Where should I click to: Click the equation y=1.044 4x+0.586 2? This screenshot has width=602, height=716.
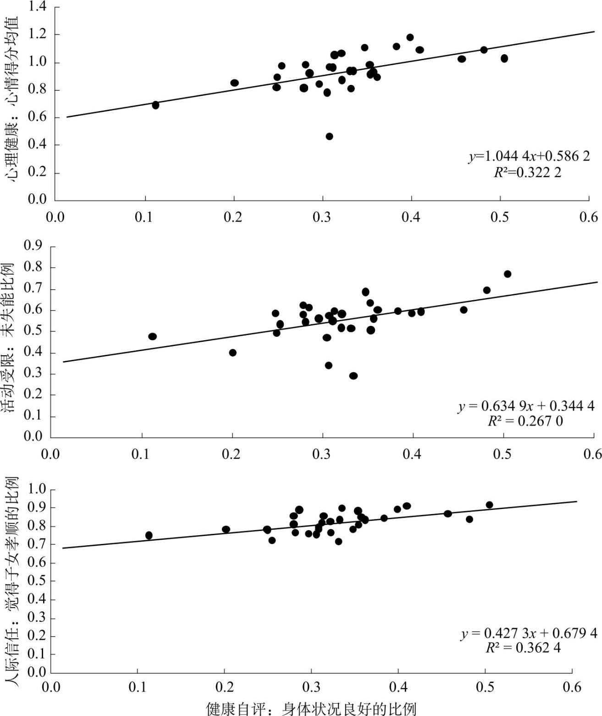point(529,156)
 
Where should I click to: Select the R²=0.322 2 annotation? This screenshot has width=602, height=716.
point(527,173)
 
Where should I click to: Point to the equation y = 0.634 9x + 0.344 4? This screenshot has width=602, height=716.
point(526,406)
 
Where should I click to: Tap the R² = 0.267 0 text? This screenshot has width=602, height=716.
point(525,421)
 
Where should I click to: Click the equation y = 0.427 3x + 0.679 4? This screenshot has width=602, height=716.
point(529,633)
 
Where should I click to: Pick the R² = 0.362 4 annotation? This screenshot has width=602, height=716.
point(523,648)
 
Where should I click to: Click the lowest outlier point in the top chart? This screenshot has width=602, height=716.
point(329,136)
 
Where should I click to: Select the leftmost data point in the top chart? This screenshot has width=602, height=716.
point(155,105)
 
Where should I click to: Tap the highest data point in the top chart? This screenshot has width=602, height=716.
point(410,37)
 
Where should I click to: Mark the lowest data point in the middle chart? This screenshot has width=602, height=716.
point(353,376)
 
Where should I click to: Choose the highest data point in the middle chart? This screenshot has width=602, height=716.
point(507,274)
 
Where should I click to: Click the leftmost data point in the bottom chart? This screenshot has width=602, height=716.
point(149,535)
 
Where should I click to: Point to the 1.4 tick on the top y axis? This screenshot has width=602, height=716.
point(37,7)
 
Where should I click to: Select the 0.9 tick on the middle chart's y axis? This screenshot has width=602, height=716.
point(33,246)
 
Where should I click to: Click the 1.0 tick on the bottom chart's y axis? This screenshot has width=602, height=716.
point(37,489)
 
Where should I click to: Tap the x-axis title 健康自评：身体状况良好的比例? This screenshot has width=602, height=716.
point(311,708)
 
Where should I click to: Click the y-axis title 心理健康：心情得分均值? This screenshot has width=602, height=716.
point(12,99)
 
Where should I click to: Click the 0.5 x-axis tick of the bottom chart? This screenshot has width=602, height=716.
point(485,687)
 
